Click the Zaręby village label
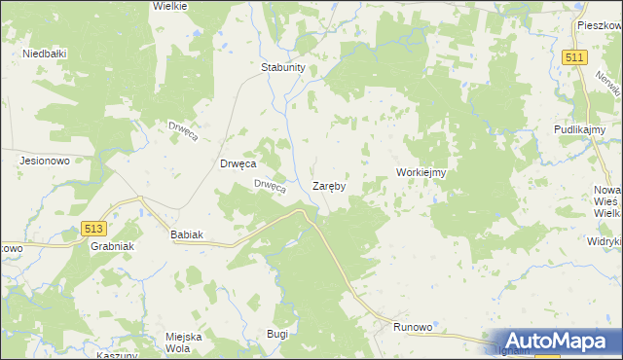(x=329, y=185)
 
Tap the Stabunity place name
(x=283, y=68)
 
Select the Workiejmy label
(x=421, y=172)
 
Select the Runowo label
(x=412, y=328)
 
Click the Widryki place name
(x=605, y=240)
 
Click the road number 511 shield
(x=573, y=58)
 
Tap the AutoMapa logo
(x=553, y=342)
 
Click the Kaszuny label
(x=117, y=355)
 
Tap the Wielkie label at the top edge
(x=169, y=5)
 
